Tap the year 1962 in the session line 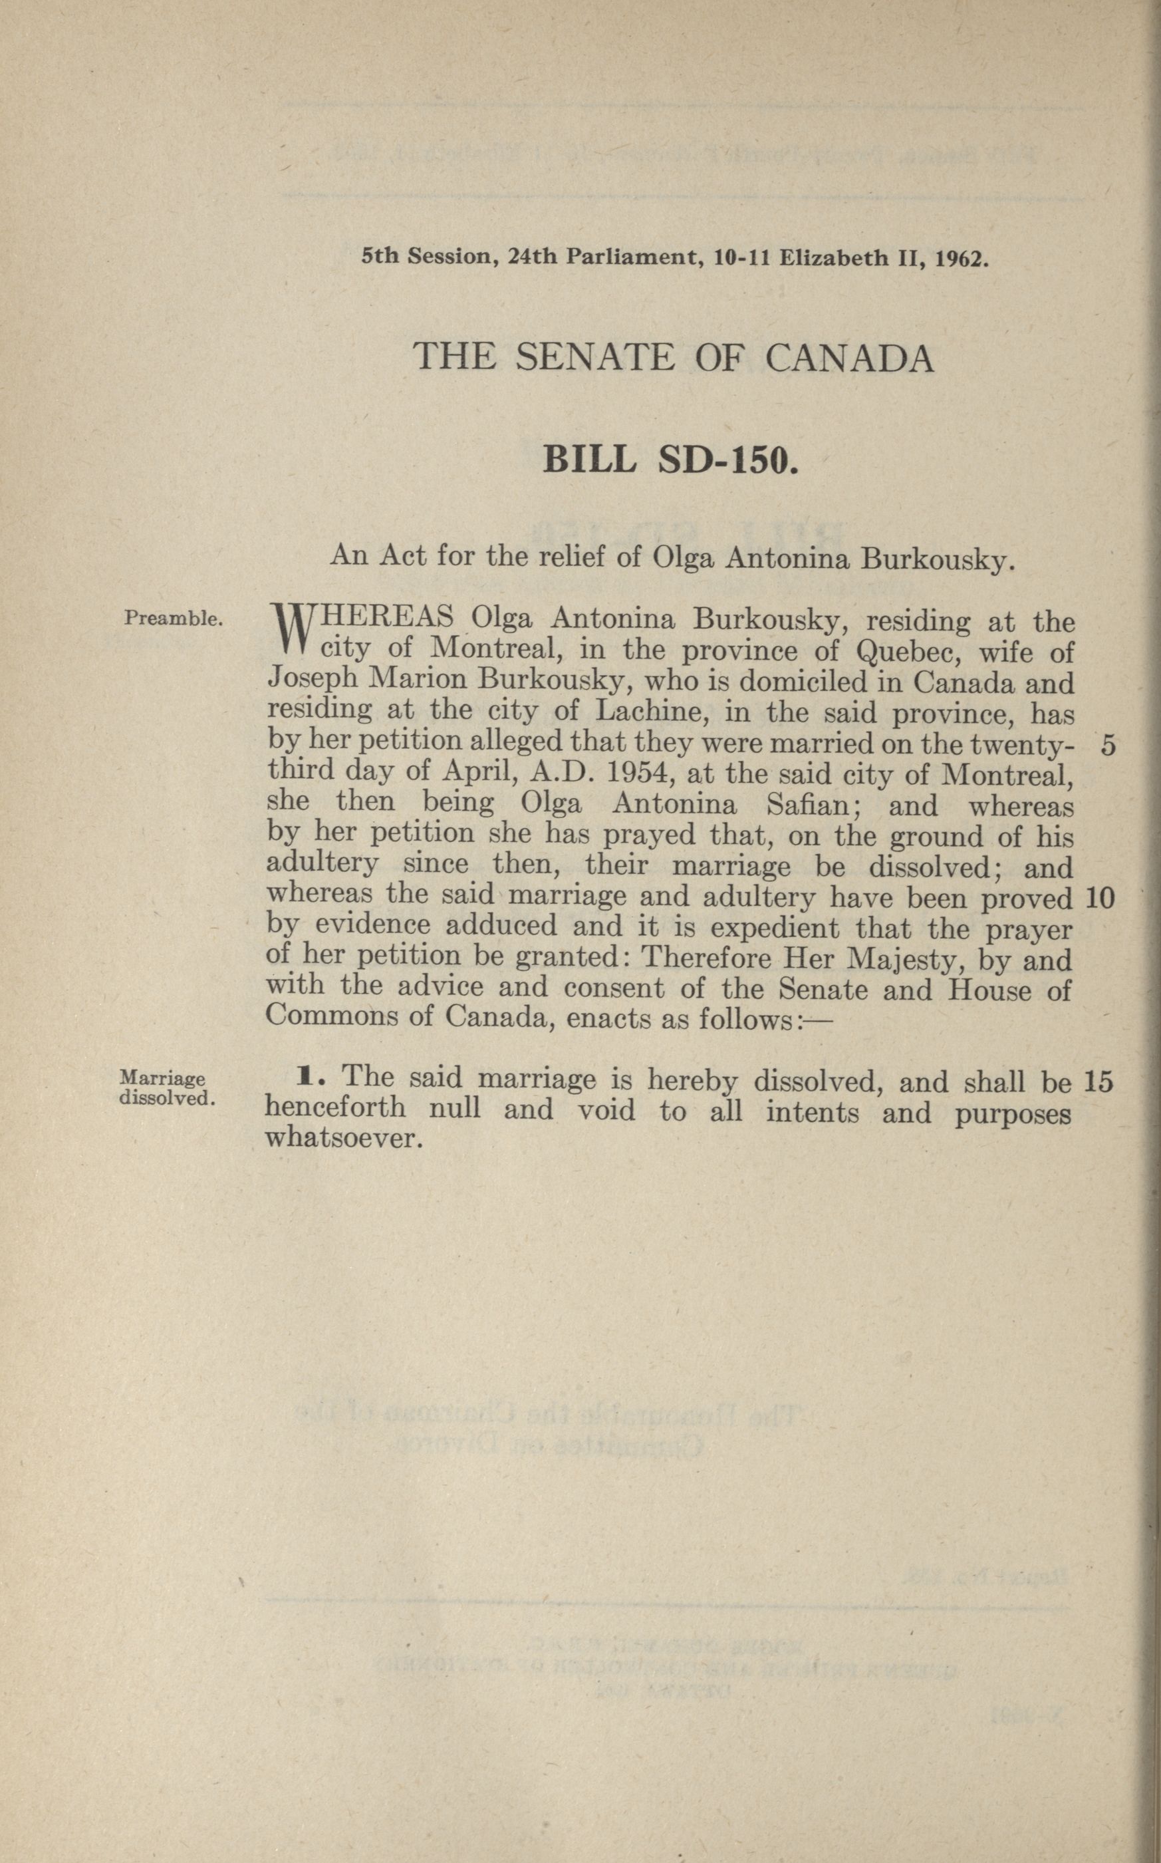coord(961,258)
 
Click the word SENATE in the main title coord(592,357)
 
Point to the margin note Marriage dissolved coord(166,1088)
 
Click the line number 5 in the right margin coord(1107,746)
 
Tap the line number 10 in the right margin coord(1100,898)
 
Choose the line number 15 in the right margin coord(1098,1081)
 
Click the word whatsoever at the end coord(344,1137)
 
